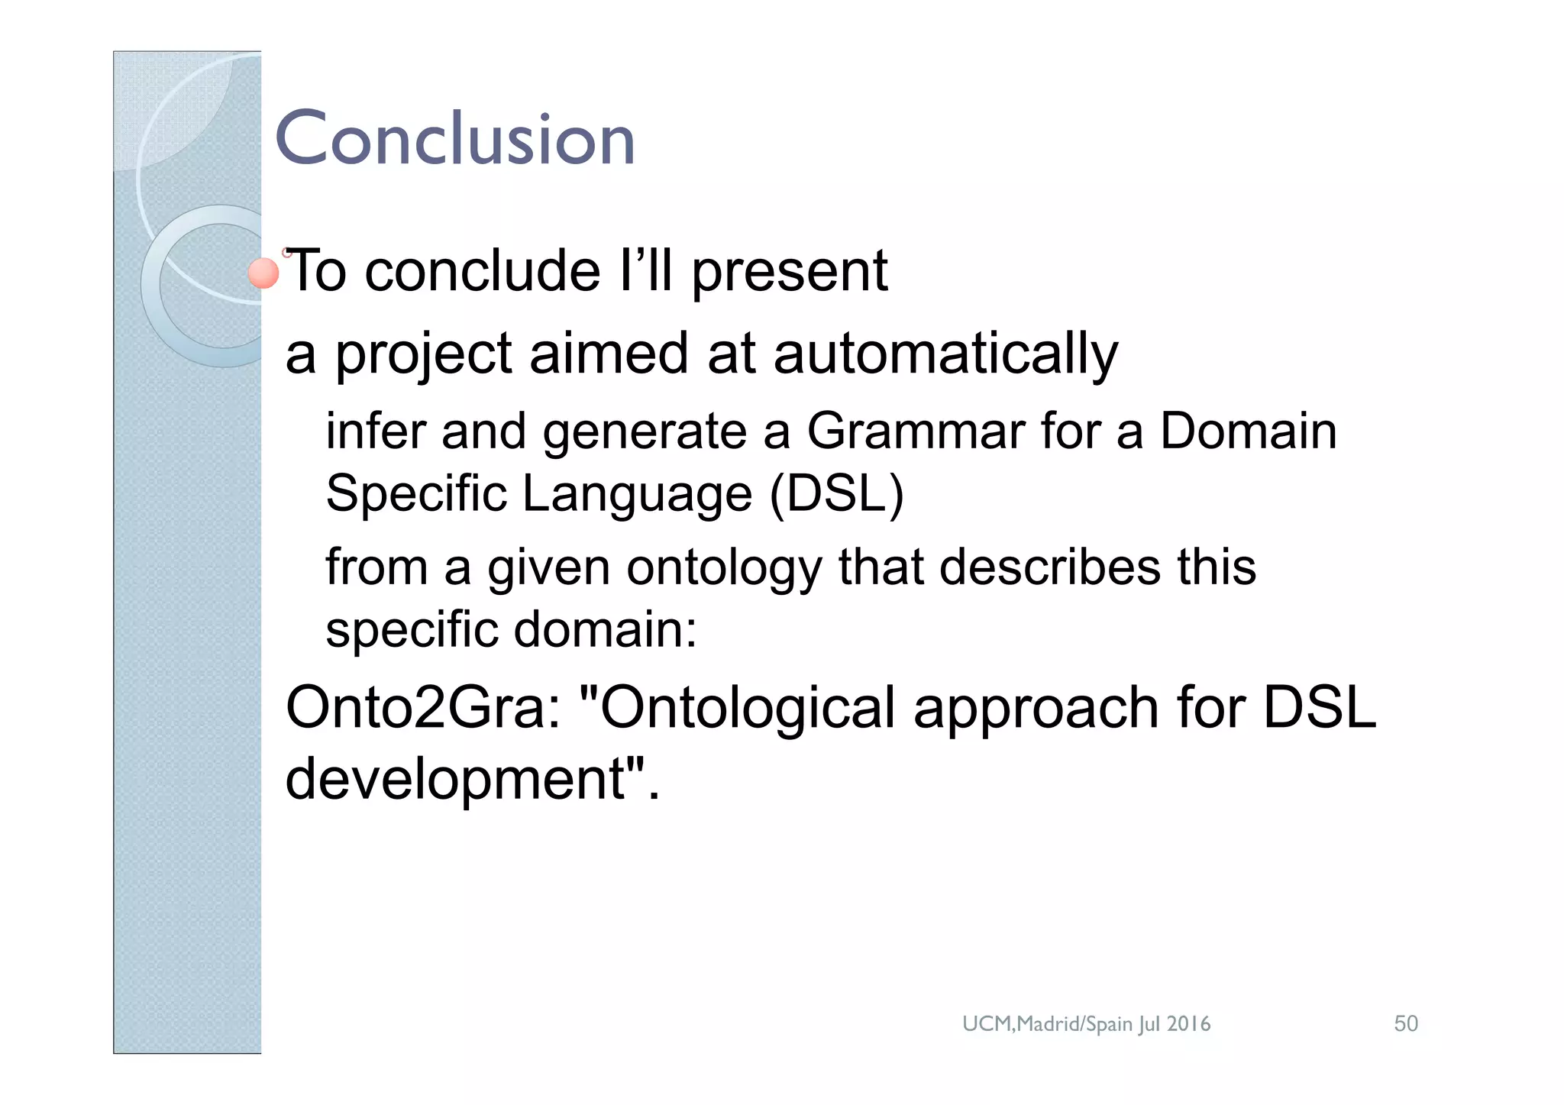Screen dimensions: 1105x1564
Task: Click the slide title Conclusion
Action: click(454, 139)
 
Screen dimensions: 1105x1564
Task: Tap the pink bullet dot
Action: click(264, 273)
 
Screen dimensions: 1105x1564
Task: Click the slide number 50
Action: click(1406, 1023)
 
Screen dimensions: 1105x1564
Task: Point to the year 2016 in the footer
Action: click(1188, 1023)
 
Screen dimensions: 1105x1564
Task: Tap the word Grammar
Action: click(915, 431)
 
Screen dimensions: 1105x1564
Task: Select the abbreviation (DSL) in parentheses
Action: click(837, 493)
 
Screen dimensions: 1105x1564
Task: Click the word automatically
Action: click(945, 354)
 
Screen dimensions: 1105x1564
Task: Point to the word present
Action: click(790, 272)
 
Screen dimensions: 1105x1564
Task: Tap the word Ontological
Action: click(747, 708)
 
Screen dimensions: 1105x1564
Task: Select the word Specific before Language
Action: click(416, 493)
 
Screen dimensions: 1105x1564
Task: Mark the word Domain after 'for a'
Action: click(1249, 431)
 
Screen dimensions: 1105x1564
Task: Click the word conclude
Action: click(483, 272)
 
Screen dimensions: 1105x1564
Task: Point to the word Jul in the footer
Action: click(1149, 1024)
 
